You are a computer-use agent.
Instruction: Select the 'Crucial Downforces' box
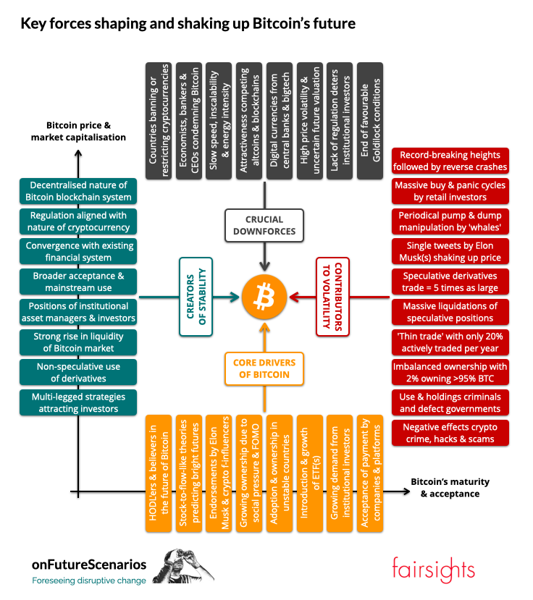tap(264, 226)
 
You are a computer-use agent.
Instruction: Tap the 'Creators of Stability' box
tap(198, 297)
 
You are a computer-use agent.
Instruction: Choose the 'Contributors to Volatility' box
tap(332, 297)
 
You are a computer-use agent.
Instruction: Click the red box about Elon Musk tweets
tap(450, 251)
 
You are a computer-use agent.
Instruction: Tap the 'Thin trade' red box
tap(450, 342)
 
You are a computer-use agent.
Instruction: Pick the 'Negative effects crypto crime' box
tap(450, 434)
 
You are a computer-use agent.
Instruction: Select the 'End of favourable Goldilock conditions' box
tap(371, 120)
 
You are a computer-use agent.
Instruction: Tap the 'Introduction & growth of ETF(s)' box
tap(310, 473)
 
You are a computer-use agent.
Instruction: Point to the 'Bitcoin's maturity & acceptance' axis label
tap(450, 488)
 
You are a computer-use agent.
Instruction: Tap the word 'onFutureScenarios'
tap(88, 563)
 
